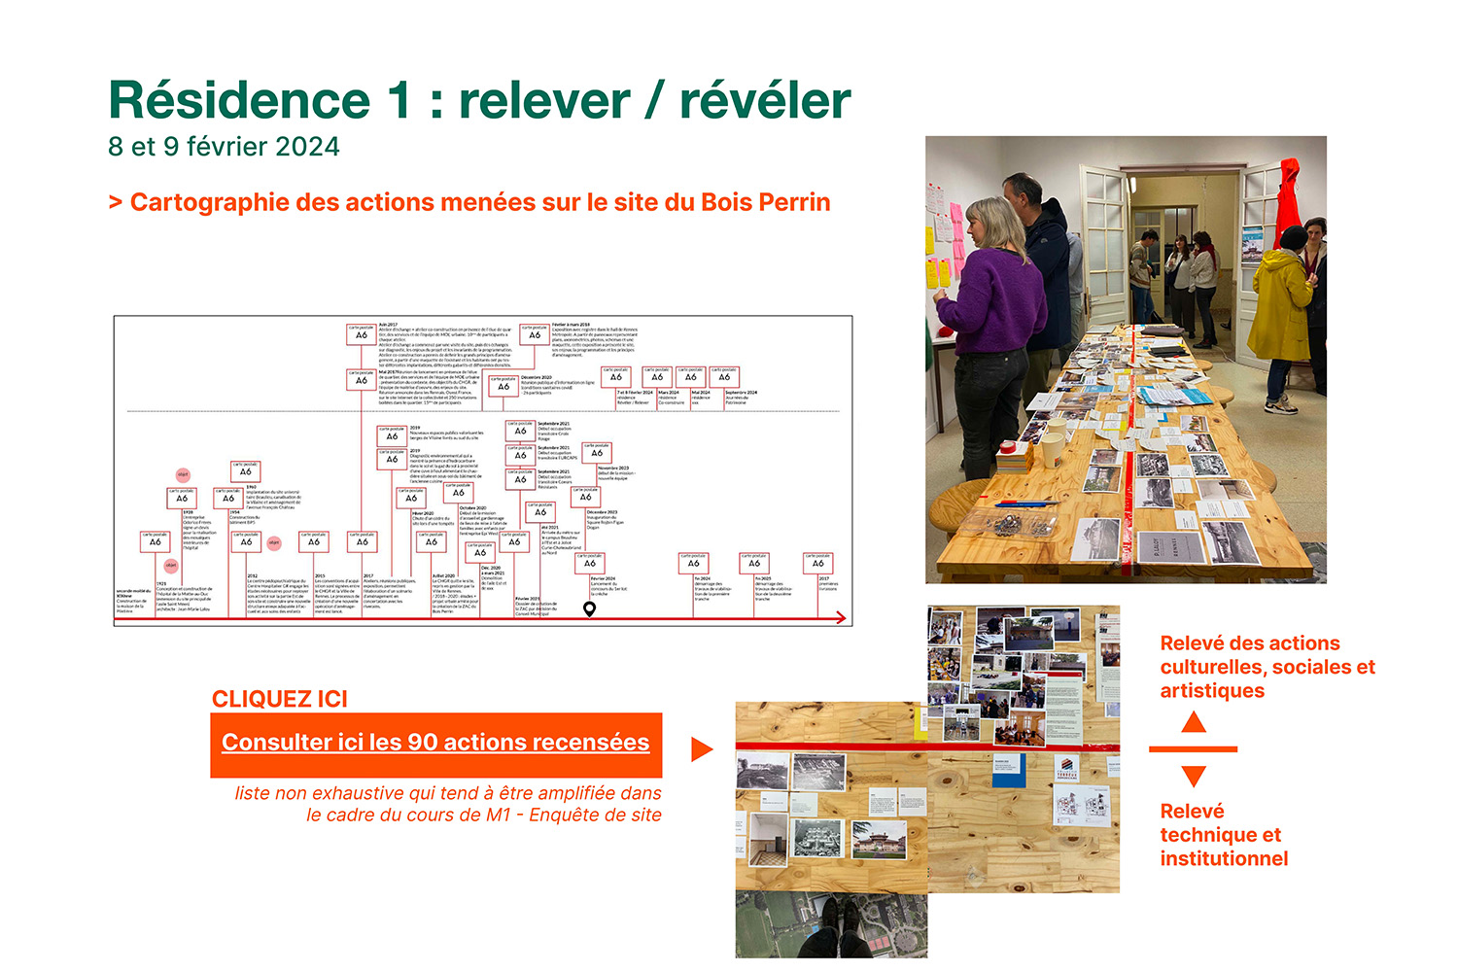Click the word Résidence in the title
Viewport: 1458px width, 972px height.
(x=239, y=101)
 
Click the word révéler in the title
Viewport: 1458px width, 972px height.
(x=764, y=101)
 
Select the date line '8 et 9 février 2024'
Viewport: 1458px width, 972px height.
(x=224, y=147)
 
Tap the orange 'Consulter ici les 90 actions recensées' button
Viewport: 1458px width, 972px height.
(x=435, y=744)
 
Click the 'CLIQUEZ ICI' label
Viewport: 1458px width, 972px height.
(x=280, y=699)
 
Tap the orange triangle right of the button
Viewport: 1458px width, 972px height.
(x=701, y=749)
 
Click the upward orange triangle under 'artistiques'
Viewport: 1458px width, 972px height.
(x=1194, y=722)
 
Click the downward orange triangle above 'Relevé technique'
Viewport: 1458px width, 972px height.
(x=1194, y=776)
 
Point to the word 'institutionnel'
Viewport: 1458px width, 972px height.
(x=1224, y=859)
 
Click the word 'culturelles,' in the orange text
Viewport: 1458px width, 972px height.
(x=1212, y=668)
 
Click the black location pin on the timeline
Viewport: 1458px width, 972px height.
(x=589, y=609)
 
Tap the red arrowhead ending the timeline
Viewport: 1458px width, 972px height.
(x=841, y=618)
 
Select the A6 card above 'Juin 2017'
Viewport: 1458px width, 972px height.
(x=362, y=333)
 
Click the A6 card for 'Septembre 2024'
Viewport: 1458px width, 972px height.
(x=724, y=376)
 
